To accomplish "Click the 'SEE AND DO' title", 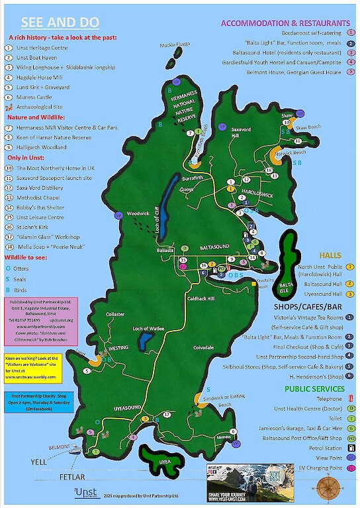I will point(60,22).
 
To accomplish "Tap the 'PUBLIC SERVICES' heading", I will point(316,388).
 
